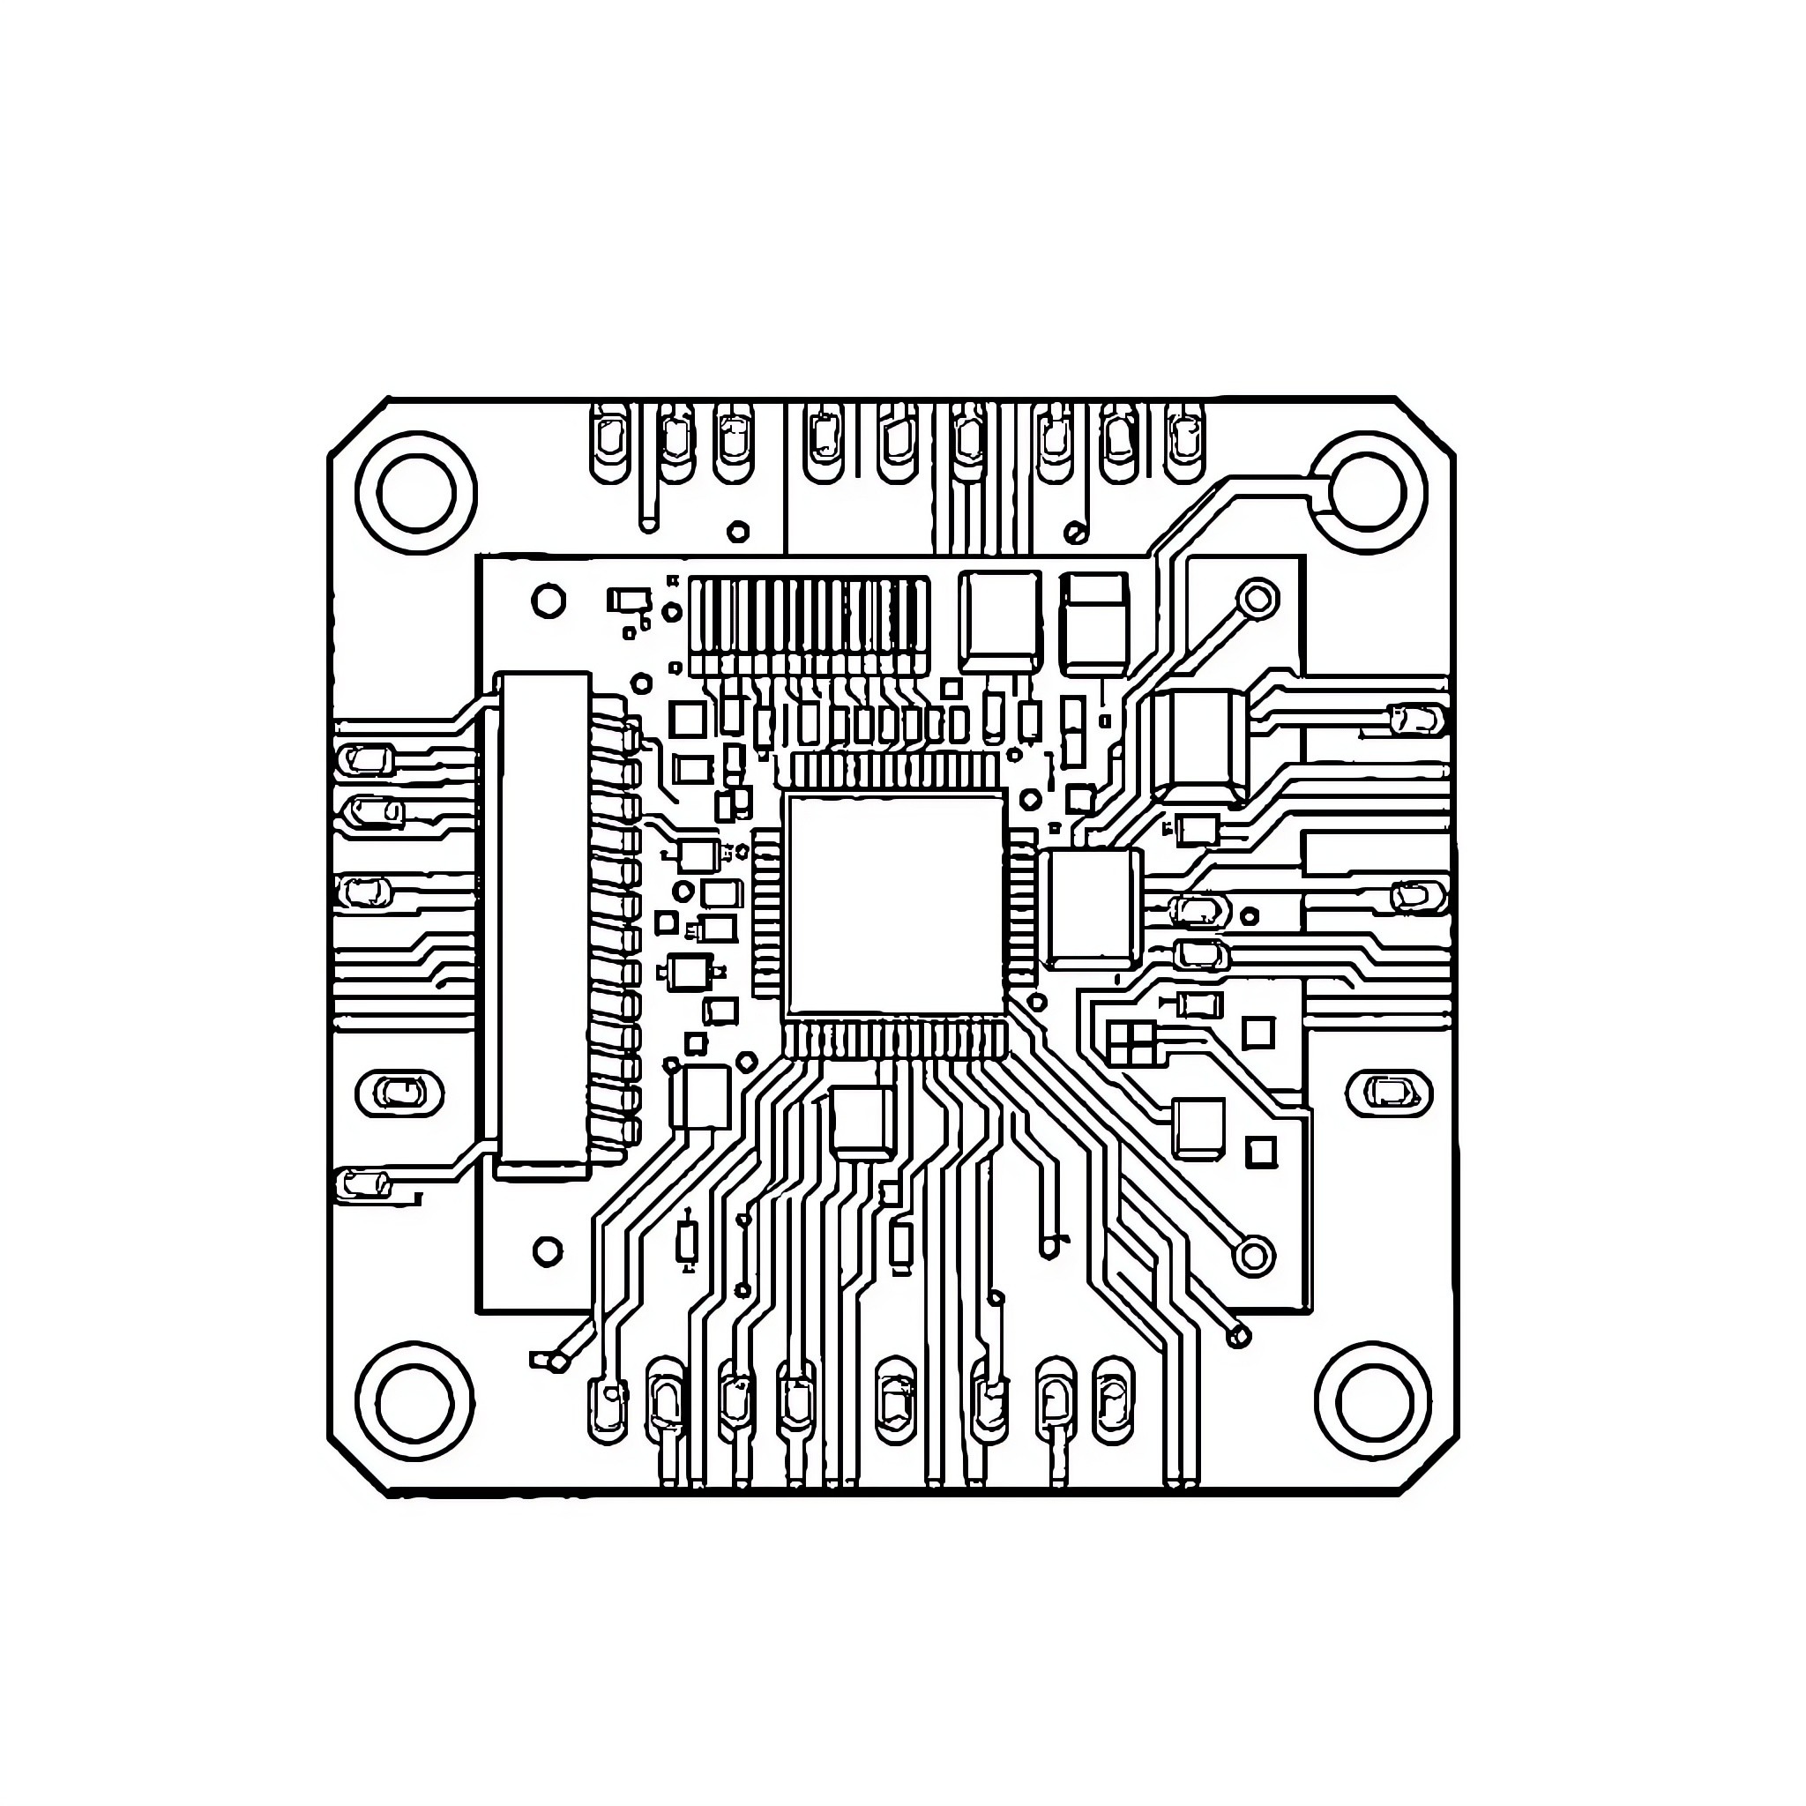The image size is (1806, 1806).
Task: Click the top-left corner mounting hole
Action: coord(417,493)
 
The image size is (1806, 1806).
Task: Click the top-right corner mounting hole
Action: coord(1366,493)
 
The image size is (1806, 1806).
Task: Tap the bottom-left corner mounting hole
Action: coord(416,1401)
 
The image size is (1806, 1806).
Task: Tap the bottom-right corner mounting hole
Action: coord(1373,1401)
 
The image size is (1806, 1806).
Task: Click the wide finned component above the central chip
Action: coord(810,624)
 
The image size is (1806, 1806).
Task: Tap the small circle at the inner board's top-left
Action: coord(549,601)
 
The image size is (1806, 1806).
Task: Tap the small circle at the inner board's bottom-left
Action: coord(548,1250)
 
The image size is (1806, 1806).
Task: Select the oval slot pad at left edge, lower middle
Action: coord(401,1092)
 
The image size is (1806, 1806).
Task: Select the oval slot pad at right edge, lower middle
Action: coord(1388,1092)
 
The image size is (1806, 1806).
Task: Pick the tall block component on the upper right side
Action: coord(1199,746)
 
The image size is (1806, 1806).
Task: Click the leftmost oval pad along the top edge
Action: coord(610,441)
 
